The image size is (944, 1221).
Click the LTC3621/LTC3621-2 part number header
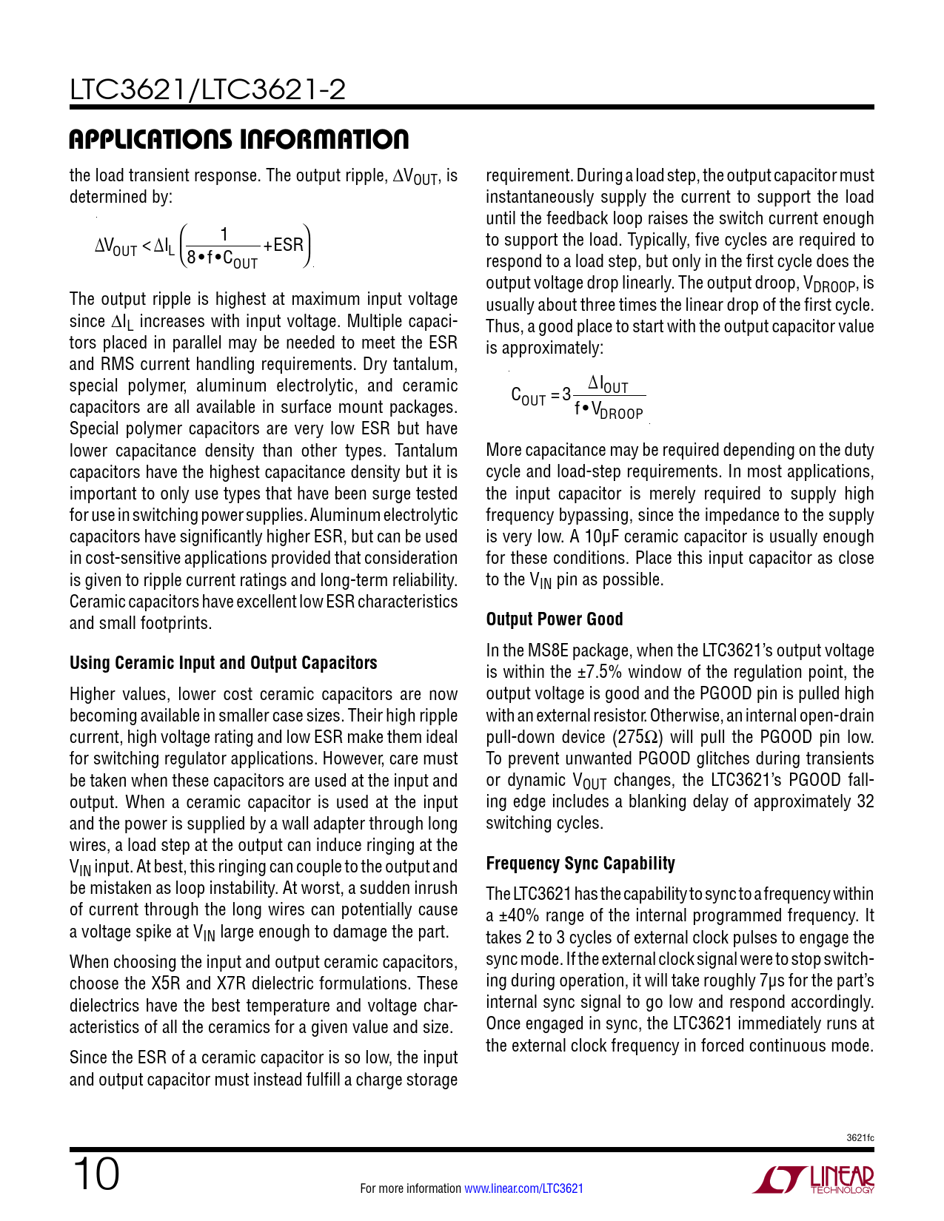tap(207, 90)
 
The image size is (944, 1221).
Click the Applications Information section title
tap(238, 140)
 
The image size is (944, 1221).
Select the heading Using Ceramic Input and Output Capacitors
tap(223, 663)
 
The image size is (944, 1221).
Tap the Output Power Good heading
tap(554, 619)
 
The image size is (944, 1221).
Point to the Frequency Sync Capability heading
tap(580, 864)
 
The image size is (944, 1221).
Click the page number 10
tap(96, 1175)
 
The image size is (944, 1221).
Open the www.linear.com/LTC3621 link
tap(523, 1188)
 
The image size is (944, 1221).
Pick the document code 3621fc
tap(860, 1137)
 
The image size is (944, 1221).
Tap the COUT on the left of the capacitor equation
tap(528, 396)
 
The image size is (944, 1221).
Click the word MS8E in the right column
tap(547, 650)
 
